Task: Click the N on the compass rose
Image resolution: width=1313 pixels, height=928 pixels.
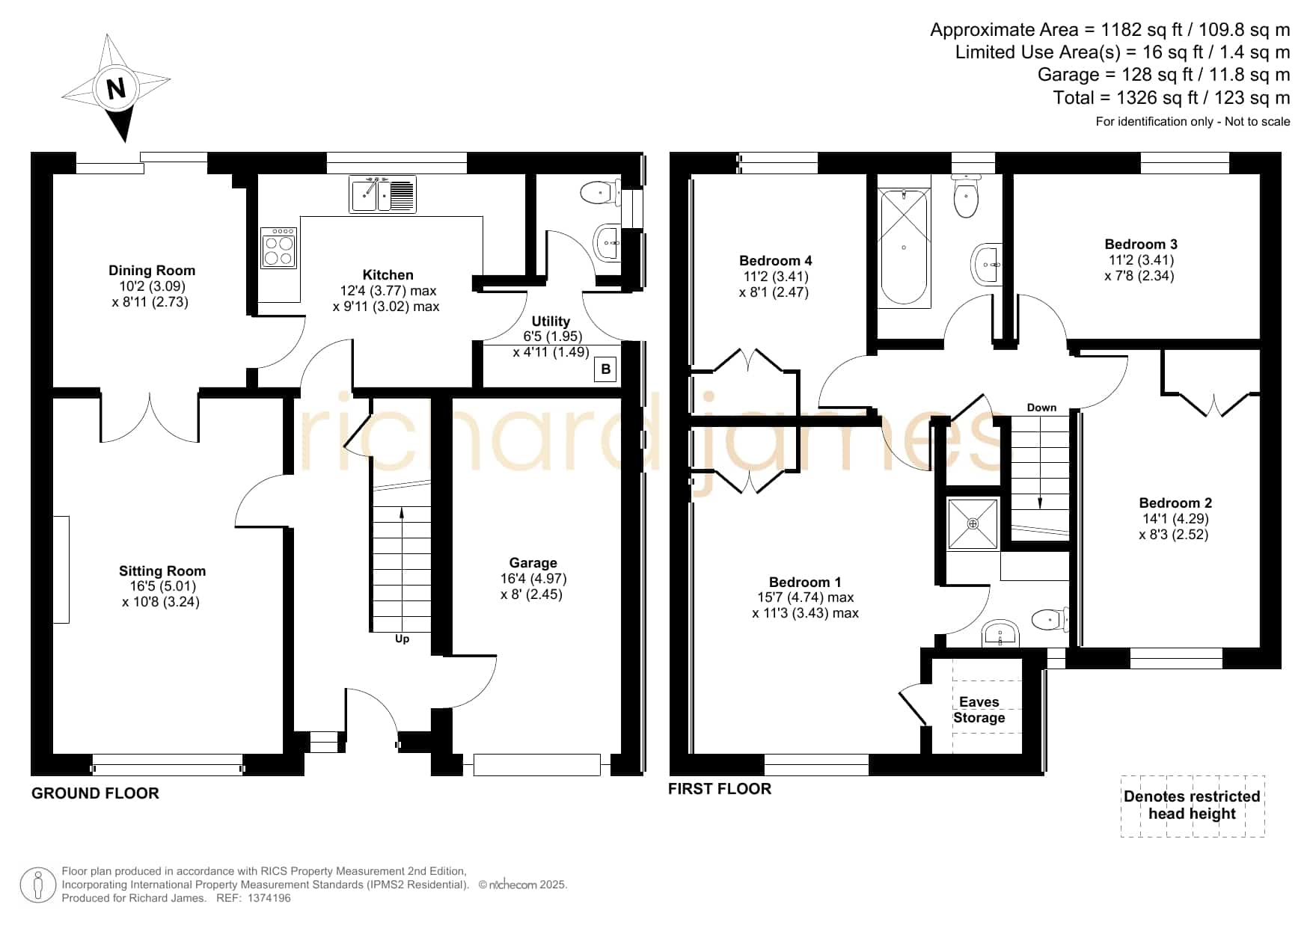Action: coord(116,89)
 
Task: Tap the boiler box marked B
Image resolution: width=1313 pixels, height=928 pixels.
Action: coord(605,369)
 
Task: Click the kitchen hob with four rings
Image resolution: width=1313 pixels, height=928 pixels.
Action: coord(278,248)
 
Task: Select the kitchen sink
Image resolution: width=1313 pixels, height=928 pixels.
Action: coord(382,194)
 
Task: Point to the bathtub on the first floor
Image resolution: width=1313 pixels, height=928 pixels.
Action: coord(904,246)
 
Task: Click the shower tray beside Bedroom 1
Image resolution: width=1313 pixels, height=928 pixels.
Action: coord(973,523)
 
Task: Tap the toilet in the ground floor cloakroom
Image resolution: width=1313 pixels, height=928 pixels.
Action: coord(600,193)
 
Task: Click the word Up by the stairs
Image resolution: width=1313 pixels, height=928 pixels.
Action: coord(402,639)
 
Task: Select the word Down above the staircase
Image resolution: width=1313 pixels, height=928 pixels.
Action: coord(1041,408)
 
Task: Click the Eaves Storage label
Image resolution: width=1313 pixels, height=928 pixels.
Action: coord(979,710)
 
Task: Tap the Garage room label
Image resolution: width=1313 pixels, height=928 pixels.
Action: coord(533,563)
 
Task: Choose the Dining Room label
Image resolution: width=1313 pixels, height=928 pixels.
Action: coord(152,271)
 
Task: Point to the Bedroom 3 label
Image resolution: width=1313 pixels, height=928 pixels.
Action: coord(1141,245)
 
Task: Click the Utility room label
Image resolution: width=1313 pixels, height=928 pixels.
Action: coord(551,321)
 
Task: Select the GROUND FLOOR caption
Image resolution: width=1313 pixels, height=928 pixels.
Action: coord(95,793)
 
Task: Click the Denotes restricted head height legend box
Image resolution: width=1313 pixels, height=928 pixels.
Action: coord(1193,805)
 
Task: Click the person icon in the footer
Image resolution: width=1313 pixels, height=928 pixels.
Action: coord(37,885)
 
